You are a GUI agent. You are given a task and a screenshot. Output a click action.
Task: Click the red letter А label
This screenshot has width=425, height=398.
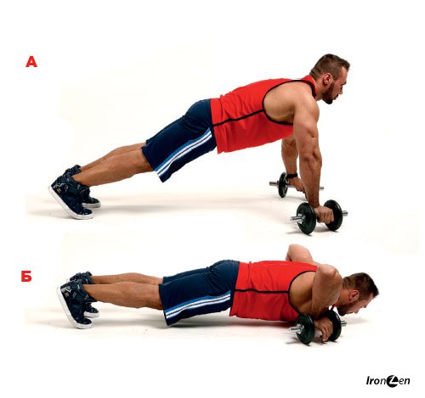click(x=31, y=62)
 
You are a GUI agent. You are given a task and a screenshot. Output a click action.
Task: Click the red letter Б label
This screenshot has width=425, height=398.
click(x=26, y=276)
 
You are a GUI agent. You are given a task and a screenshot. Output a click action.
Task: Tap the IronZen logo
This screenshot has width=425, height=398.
click(x=388, y=381)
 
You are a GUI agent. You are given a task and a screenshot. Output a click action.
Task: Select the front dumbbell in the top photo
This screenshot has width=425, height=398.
click(x=320, y=216)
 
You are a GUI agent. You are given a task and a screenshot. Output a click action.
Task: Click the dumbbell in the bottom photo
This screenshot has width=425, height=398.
click(x=317, y=327)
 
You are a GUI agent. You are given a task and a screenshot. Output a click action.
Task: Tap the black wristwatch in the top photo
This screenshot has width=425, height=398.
click(x=292, y=176)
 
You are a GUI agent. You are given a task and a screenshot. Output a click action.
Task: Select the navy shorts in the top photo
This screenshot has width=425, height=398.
click(x=181, y=138)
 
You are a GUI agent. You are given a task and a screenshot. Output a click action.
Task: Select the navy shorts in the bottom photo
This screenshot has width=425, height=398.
click(x=198, y=291)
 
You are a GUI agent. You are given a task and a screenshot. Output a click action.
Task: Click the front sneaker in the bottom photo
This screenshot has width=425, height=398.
click(x=76, y=304)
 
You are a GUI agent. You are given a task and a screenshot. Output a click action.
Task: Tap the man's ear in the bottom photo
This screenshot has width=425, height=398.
click(x=354, y=296)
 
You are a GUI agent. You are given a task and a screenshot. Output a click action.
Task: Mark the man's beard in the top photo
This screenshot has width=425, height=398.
click(x=330, y=93)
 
